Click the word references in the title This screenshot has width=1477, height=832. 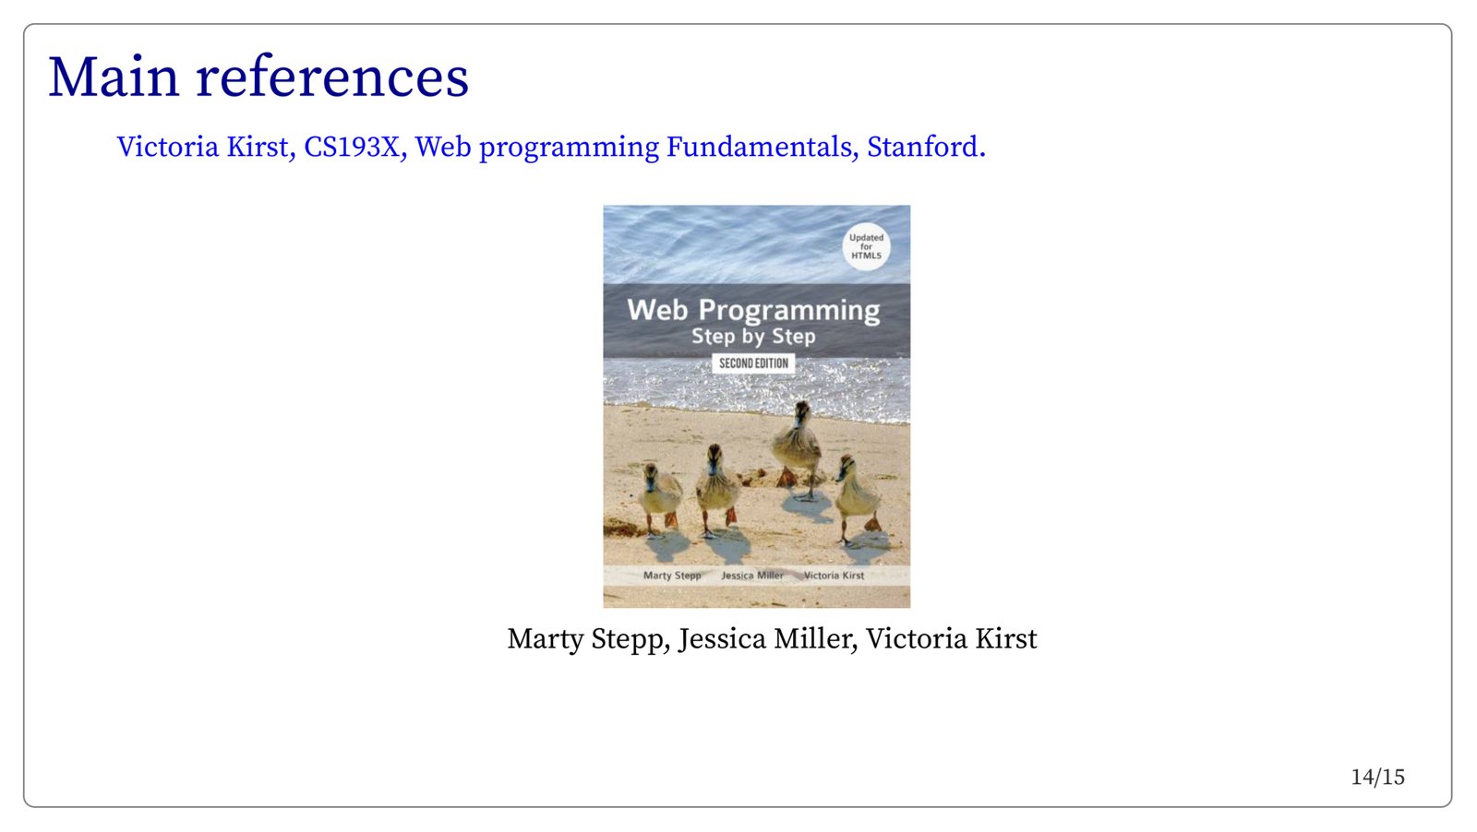(x=332, y=77)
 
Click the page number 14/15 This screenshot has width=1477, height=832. (x=1377, y=778)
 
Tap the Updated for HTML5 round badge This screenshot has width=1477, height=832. (x=866, y=247)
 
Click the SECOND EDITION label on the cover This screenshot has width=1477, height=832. (x=753, y=363)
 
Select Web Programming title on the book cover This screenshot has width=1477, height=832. (x=753, y=310)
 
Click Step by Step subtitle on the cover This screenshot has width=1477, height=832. (x=753, y=337)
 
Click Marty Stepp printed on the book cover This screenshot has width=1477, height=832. (x=672, y=576)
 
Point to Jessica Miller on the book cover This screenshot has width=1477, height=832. (x=751, y=575)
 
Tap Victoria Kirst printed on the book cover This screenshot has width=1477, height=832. (x=834, y=575)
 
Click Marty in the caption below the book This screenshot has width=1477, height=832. (x=545, y=639)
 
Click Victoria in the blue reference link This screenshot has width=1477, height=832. (x=167, y=147)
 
